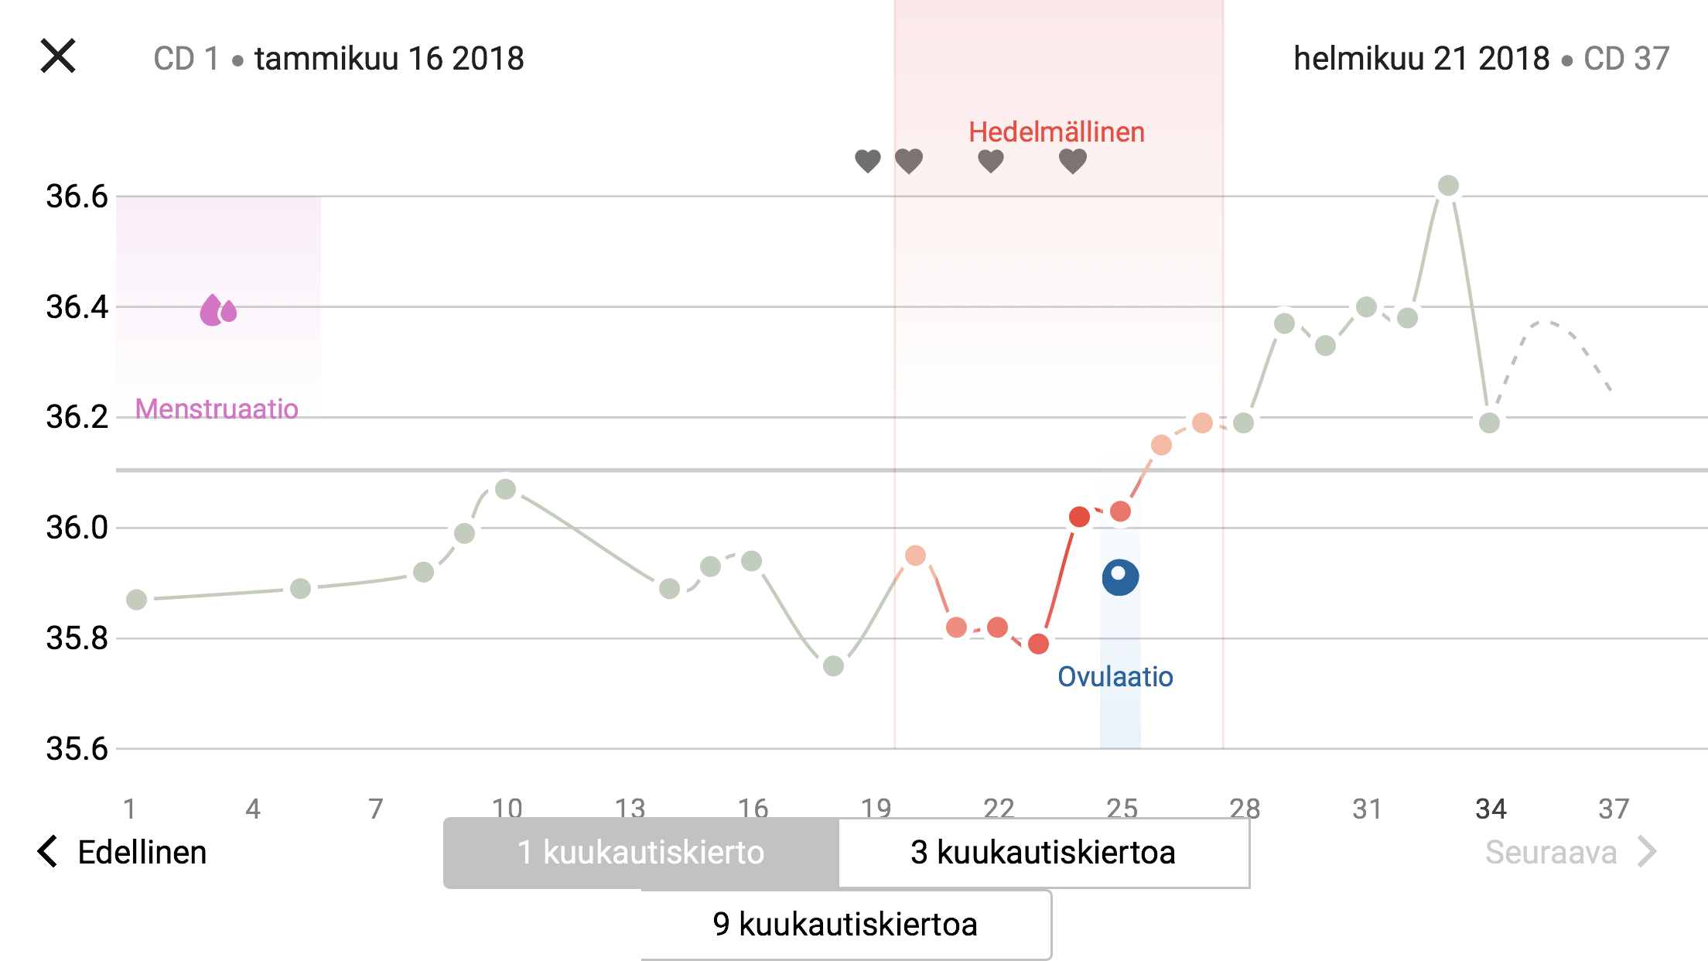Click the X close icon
pos(58,56)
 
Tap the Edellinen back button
pos(124,852)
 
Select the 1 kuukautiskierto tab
pos(640,853)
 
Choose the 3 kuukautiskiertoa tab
pos(1043,853)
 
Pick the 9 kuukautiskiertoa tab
pos(845,925)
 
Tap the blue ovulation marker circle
pos(1120,577)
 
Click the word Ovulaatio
pos(1115,676)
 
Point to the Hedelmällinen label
pos(1056,132)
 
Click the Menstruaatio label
pos(217,409)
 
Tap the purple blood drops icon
pos(218,310)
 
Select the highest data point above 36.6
pos(1448,186)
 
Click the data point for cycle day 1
pos(136,600)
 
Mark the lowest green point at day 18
pos(833,666)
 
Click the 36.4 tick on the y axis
pos(77,307)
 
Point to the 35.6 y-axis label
pos(77,749)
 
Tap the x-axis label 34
pos(1491,809)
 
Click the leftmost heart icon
pos(868,161)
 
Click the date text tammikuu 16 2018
pos(389,59)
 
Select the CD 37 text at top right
pos(1626,59)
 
